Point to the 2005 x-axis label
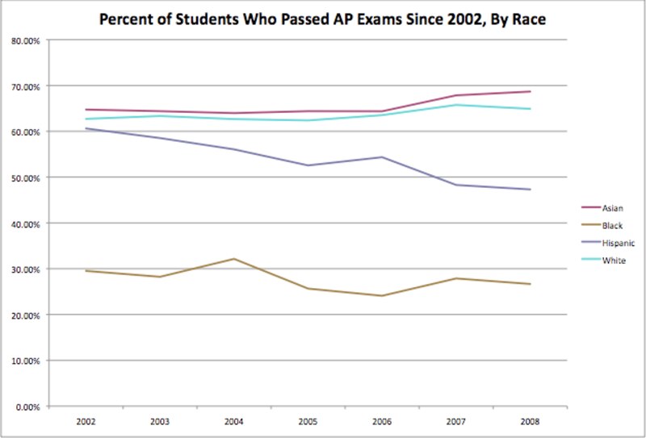click(308, 421)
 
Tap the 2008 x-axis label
click(530, 421)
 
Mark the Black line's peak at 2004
click(234, 259)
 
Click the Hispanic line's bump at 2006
click(382, 157)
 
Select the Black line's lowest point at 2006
click(382, 296)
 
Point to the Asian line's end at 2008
click(530, 91)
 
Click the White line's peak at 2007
click(456, 105)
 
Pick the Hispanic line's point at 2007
click(456, 185)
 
